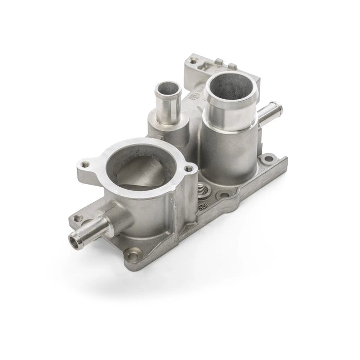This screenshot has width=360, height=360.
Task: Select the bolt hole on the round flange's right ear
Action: (x=189, y=168)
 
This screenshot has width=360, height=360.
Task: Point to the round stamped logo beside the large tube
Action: (x=195, y=96)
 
